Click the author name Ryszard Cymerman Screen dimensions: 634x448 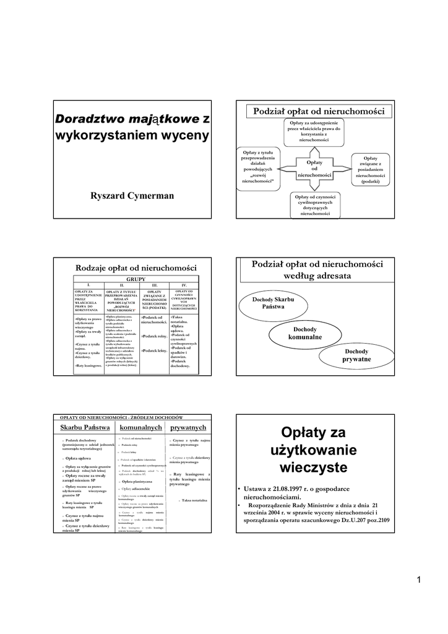pos(132,196)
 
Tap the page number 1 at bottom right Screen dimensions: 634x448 pos(419,580)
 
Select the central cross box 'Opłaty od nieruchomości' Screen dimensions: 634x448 pos(315,168)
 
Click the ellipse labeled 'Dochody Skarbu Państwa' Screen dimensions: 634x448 pos(274,303)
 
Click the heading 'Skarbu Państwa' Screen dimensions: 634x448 pos(85,427)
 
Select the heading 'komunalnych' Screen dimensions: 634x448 pos(140,427)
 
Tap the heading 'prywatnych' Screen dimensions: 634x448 pos(188,427)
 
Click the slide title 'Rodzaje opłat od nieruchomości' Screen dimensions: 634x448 pos(131,267)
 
